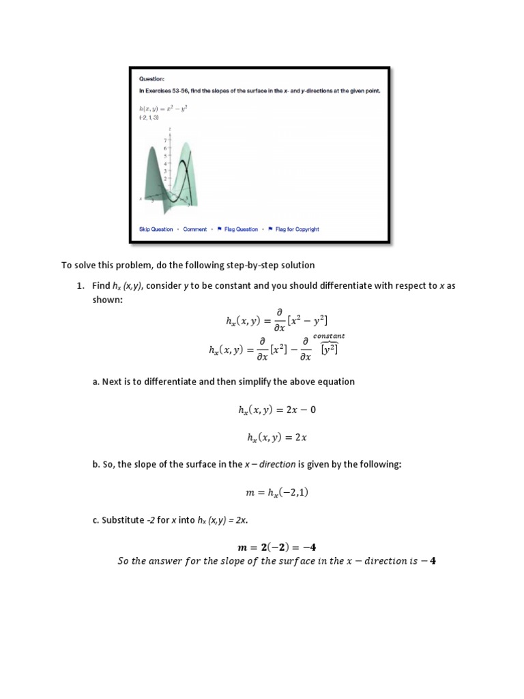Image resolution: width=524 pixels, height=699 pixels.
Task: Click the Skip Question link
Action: click(x=156, y=229)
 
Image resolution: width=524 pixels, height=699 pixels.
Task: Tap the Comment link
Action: click(x=194, y=229)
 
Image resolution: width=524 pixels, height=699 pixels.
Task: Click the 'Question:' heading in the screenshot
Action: click(x=151, y=79)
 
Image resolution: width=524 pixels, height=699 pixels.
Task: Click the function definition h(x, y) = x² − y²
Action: click(x=162, y=108)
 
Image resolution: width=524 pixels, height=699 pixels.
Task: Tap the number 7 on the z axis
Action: click(x=164, y=141)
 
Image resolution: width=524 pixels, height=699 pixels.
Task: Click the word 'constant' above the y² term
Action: click(x=329, y=336)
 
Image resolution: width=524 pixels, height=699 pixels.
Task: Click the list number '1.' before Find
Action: click(x=80, y=286)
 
